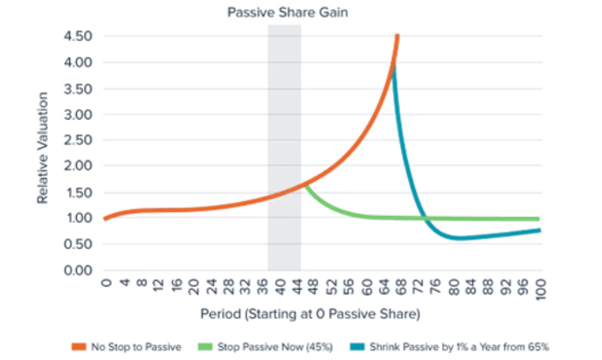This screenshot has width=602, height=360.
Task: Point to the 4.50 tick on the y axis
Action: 78,37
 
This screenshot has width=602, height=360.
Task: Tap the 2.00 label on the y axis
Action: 78,166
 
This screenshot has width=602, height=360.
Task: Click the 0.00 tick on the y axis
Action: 78,270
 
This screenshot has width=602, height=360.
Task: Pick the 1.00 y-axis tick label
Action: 78,218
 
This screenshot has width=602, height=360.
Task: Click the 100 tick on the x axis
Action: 541,288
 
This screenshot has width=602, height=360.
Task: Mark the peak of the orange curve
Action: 397,36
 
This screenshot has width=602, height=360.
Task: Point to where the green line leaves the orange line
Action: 304,184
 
